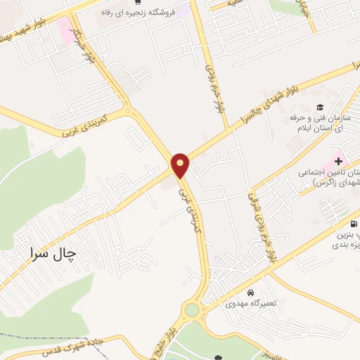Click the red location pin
181,165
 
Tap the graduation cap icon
320,108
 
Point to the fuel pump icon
352,224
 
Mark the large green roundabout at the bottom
191,309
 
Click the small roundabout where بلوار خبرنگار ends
127,110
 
